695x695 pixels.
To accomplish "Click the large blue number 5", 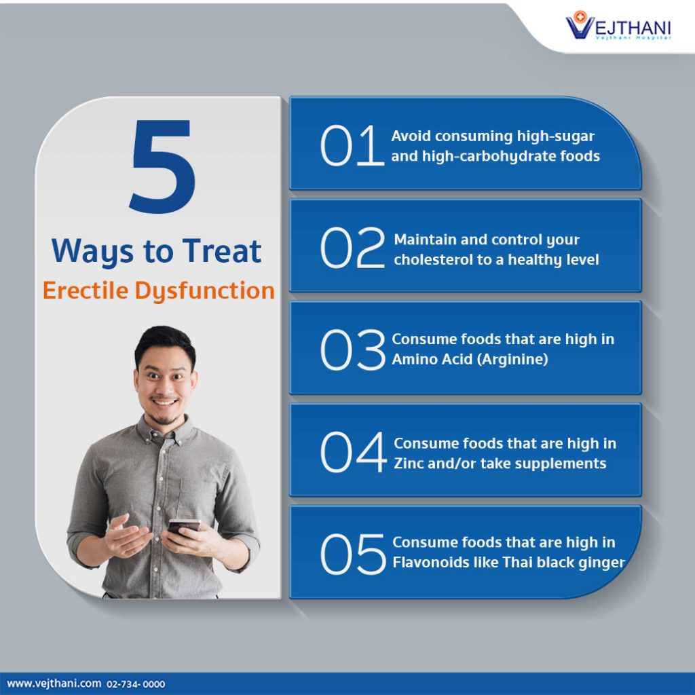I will [x=162, y=166].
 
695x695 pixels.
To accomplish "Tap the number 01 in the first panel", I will [x=352, y=146].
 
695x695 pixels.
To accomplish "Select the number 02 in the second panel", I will [x=352, y=249].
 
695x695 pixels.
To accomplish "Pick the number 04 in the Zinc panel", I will [x=352, y=453].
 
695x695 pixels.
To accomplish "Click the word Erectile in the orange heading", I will [x=86, y=290].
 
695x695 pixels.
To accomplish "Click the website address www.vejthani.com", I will [x=54, y=683].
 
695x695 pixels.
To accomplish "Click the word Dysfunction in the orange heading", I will [x=204, y=290].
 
